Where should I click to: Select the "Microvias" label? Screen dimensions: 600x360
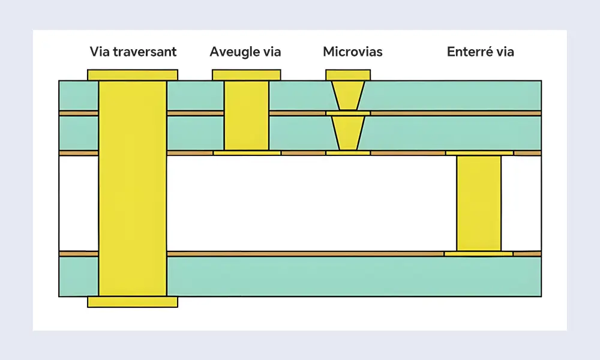click(352, 52)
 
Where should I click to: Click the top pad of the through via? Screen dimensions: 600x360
click(133, 75)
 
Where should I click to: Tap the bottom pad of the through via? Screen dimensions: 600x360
click(133, 302)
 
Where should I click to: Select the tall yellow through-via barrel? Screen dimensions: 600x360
click(133, 188)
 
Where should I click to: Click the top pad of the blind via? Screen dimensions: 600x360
click(247, 75)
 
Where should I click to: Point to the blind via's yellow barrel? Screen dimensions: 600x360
click(247, 115)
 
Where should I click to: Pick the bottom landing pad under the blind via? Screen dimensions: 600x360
click(247, 153)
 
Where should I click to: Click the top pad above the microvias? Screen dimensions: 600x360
click(348, 75)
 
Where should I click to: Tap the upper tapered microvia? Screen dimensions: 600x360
click(348, 95)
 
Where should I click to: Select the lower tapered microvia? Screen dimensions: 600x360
click(348, 133)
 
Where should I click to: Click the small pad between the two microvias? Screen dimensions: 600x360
click(348, 113)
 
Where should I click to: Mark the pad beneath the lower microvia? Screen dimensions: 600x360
click(348, 153)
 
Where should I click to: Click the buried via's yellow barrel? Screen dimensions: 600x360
click(479, 203)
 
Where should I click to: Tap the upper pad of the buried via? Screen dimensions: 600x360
click(479, 153)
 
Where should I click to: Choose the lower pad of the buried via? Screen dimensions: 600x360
click(478, 254)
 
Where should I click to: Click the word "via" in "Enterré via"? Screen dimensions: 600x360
click(505, 52)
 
